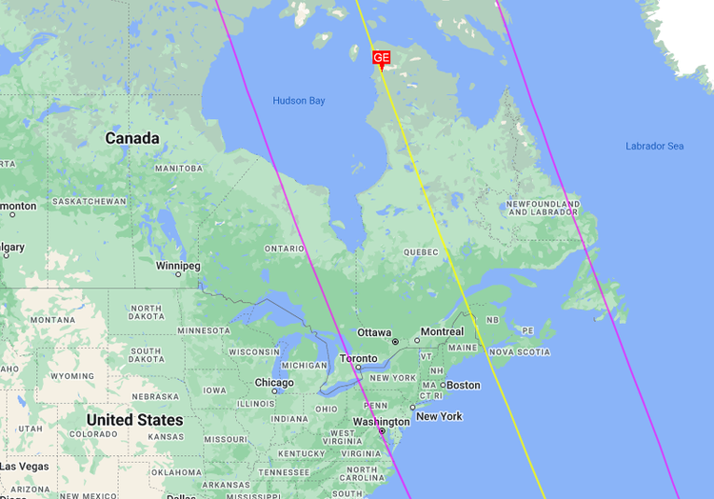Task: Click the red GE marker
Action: click(x=381, y=59)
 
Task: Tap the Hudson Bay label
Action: click(x=299, y=101)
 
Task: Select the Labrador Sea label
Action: click(x=654, y=146)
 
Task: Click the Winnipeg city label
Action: click(x=178, y=266)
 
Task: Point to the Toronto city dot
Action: click(x=358, y=368)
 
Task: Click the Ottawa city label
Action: click(x=374, y=332)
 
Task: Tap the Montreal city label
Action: click(x=442, y=331)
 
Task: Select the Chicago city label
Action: click(x=274, y=383)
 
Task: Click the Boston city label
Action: click(x=464, y=385)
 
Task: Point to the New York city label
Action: click(x=439, y=416)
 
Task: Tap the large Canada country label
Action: click(x=132, y=138)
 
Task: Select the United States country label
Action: click(x=134, y=420)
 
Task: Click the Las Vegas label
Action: click(x=24, y=467)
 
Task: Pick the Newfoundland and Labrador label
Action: click(x=543, y=208)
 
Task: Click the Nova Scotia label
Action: click(x=520, y=352)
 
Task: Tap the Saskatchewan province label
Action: click(x=89, y=202)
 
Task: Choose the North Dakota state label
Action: click(x=146, y=313)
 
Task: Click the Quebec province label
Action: click(x=420, y=252)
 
